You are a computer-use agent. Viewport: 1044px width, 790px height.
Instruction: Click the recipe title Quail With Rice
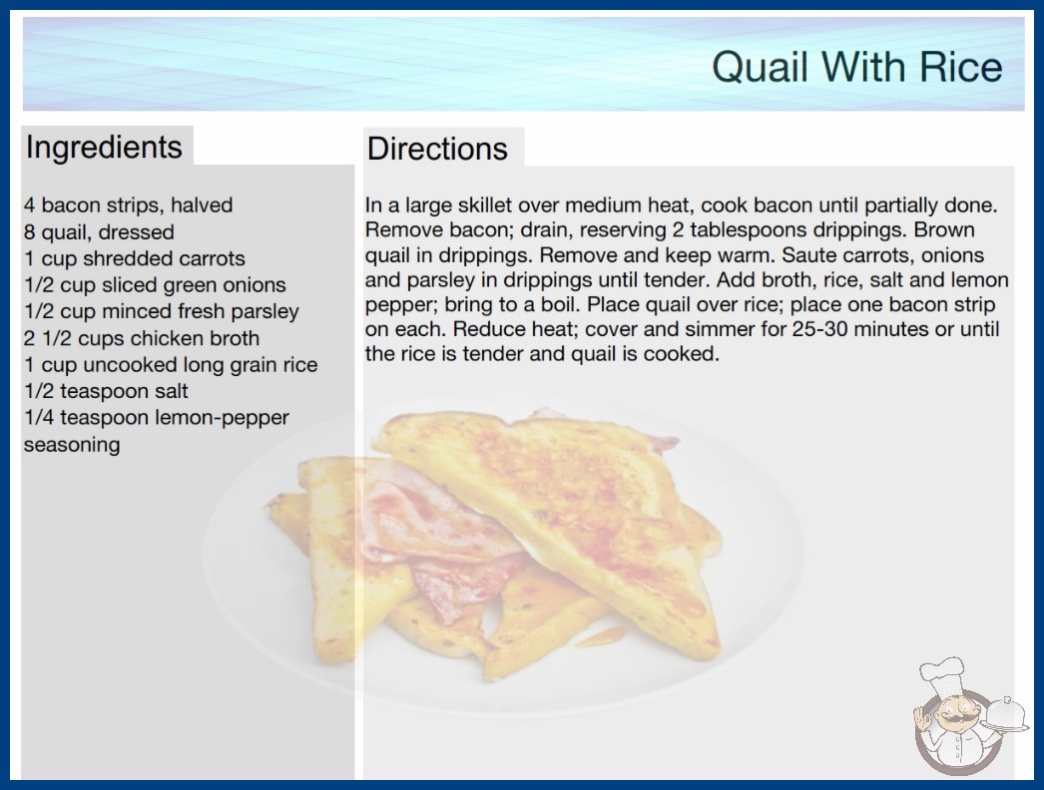pyautogui.click(x=857, y=67)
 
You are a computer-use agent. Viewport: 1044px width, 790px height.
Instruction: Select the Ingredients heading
pyautogui.click(x=104, y=147)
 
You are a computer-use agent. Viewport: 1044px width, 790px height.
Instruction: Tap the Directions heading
pyautogui.click(x=437, y=149)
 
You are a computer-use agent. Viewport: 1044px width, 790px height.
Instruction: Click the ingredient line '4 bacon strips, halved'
pyautogui.click(x=129, y=205)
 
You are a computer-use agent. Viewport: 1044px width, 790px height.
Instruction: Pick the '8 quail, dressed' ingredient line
pyautogui.click(x=99, y=231)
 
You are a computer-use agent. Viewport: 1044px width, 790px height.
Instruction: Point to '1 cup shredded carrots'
pyautogui.click(x=135, y=258)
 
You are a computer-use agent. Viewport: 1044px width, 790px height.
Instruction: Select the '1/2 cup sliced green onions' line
pyautogui.click(x=155, y=285)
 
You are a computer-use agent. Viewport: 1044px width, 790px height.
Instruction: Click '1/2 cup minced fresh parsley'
pyautogui.click(x=162, y=311)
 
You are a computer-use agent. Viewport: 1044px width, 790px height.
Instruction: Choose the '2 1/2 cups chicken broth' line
pyautogui.click(x=142, y=338)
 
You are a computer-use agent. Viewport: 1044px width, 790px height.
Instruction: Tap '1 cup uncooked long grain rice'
pyautogui.click(x=171, y=365)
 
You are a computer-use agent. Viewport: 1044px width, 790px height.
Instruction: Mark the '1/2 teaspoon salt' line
pyautogui.click(x=107, y=391)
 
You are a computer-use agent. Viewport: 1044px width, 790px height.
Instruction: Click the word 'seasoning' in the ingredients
pyautogui.click(x=72, y=444)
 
